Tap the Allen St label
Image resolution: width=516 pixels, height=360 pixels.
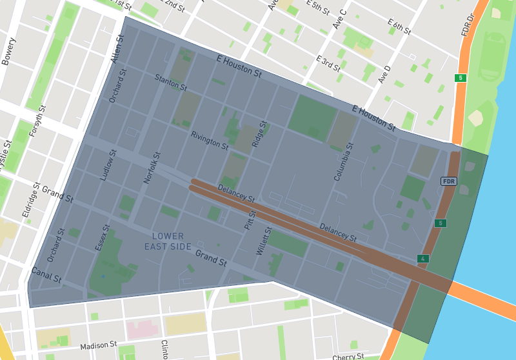coord(117,50)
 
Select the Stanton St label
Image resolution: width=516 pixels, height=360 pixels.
coord(171,82)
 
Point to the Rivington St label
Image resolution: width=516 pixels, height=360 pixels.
coord(210,140)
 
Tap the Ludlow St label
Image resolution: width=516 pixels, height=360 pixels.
coord(107,165)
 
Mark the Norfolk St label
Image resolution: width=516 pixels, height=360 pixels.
coord(151,167)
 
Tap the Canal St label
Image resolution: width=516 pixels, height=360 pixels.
coord(46,275)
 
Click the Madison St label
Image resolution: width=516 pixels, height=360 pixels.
coord(98,346)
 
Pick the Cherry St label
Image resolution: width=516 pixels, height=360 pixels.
coord(349,356)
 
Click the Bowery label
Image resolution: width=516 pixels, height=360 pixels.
coord(10,51)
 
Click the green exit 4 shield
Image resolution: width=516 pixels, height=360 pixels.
coord(423,259)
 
